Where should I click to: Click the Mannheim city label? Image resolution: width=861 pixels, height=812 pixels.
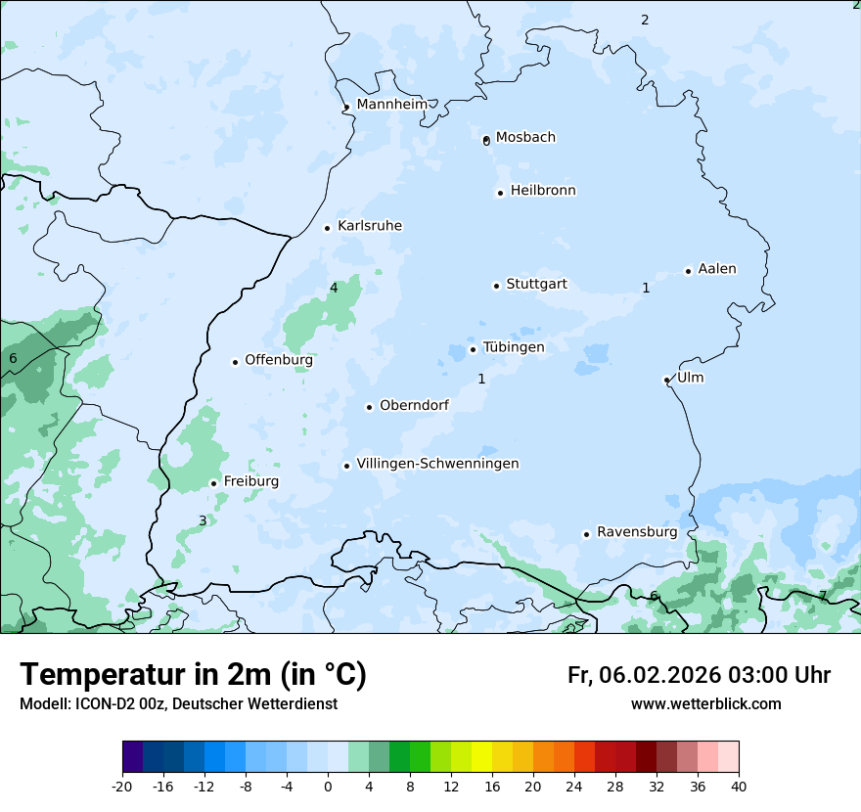[391, 105]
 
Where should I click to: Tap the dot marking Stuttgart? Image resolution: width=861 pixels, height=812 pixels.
[496, 286]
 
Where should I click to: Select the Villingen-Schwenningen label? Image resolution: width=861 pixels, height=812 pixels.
[437, 464]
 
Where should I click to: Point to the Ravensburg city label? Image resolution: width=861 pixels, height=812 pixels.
[636, 532]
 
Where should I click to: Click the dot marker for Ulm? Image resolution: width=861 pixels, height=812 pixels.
[666, 380]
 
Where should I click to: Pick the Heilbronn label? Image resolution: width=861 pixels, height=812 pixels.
[543, 191]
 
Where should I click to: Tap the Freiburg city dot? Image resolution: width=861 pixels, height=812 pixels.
[213, 483]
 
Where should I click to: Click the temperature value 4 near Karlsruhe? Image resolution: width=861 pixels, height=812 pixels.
[334, 288]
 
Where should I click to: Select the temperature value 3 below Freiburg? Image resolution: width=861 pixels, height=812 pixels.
[203, 520]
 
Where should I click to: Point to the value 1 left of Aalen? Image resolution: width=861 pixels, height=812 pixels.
[646, 288]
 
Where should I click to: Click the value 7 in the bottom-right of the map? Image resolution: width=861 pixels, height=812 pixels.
[822, 595]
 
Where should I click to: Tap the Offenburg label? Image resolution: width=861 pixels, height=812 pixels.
[279, 360]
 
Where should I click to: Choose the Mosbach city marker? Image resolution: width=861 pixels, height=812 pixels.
[486, 140]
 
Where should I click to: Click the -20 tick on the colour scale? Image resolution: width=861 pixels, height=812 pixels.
[122, 787]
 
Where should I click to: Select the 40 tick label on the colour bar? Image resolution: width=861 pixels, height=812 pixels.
[739, 787]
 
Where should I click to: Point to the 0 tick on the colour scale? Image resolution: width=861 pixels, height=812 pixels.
[328, 787]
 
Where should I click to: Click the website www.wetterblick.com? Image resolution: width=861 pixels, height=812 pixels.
[705, 704]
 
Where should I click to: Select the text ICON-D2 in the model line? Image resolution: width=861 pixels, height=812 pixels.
[97, 704]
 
